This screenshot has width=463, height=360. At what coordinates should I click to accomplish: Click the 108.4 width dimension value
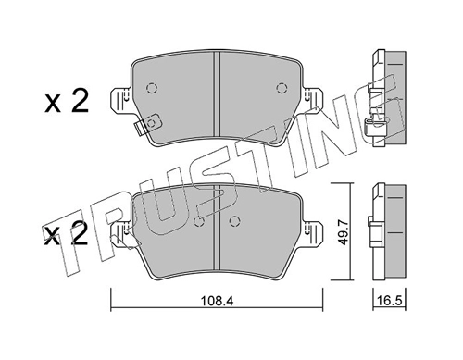[217, 301]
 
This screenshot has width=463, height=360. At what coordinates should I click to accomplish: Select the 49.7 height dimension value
[343, 232]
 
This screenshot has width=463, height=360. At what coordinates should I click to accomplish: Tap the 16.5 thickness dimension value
[390, 301]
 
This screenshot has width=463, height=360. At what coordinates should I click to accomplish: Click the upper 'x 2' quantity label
[67, 101]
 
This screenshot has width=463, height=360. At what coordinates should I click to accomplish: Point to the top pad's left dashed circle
[152, 89]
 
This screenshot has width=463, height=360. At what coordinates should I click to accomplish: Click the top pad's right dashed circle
[282, 89]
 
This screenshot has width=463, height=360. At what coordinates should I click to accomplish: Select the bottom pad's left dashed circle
[199, 221]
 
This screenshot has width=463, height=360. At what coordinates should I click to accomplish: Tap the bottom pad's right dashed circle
[234, 221]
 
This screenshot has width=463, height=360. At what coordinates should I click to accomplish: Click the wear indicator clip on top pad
[148, 124]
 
